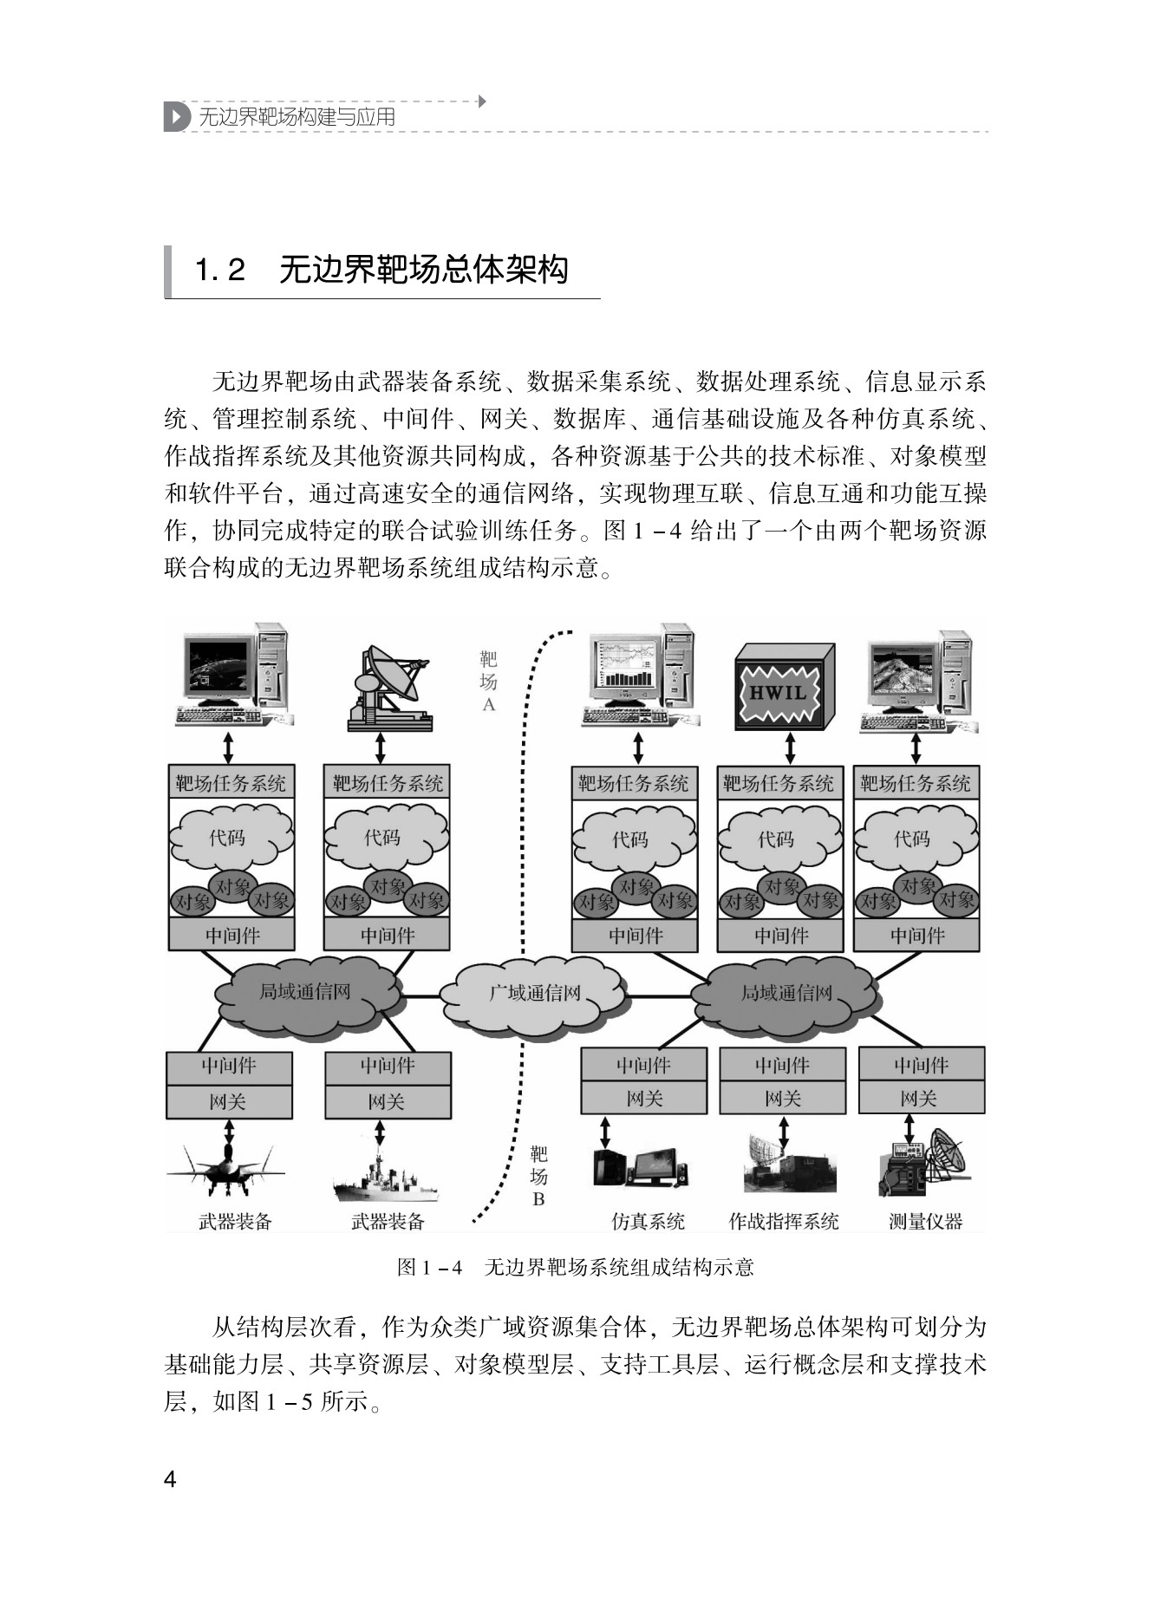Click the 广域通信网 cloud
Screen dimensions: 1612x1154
(x=534, y=994)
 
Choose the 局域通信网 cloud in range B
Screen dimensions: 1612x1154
(x=786, y=994)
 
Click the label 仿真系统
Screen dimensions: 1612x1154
(x=648, y=1222)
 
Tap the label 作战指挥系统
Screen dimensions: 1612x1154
(x=783, y=1222)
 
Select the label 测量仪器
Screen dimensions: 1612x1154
(x=925, y=1222)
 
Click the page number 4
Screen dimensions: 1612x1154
(x=170, y=1479)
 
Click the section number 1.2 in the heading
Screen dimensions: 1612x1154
(x=220, y=271)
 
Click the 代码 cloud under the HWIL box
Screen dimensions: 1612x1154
(x=776, y=839)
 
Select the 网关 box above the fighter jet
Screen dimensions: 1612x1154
(x=229, y=1102)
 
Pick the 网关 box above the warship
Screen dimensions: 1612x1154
(x=387, y=1102)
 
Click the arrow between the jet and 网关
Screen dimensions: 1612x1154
(x=229, y=1131)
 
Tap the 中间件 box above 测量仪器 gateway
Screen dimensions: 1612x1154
(x=921, y=1064)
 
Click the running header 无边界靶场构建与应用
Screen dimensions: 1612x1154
(x=297, y=117)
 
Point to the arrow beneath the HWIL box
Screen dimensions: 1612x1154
(x=790, y=747)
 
